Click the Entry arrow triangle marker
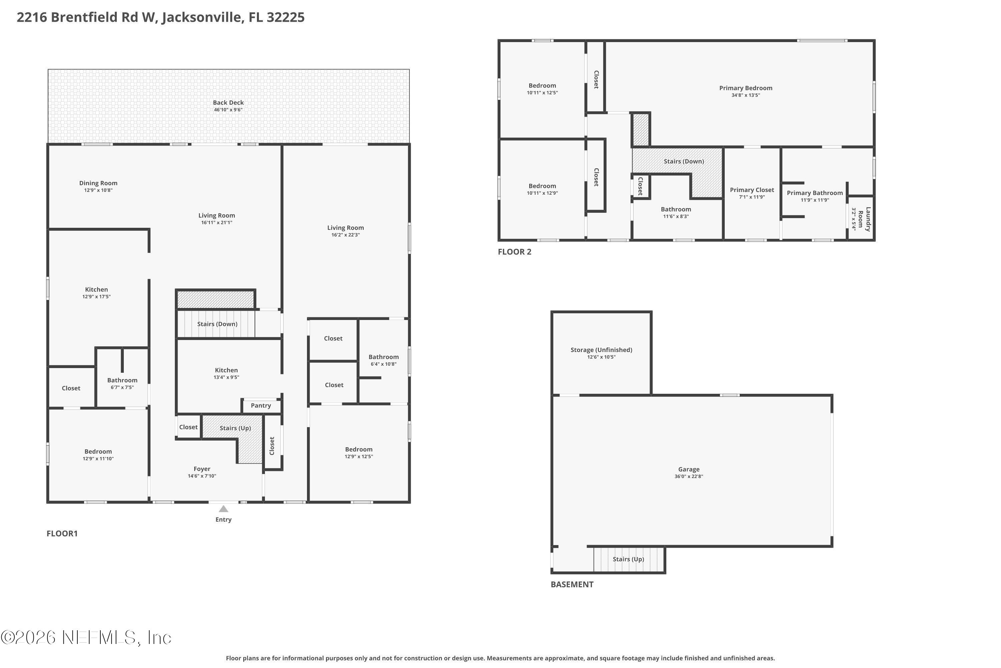click(x=224, y=509)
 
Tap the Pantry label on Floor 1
click(x=261, y=405)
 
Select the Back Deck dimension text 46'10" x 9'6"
click(x=228, y=110)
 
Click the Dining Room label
click(x=98, y=183)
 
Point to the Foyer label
click(x=202, y=469)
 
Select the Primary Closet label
click(x=752, y=190)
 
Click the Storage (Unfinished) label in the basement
click(x=601, y=350)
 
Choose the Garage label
click(x=689, y=470)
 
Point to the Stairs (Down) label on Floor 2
click(x=683, y=161)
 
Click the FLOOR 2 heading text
click(x=515, y=252)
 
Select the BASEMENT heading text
click(x=572, y=584)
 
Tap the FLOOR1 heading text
click(x=62, y=534)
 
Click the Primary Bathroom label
click(x=814, y=193)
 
